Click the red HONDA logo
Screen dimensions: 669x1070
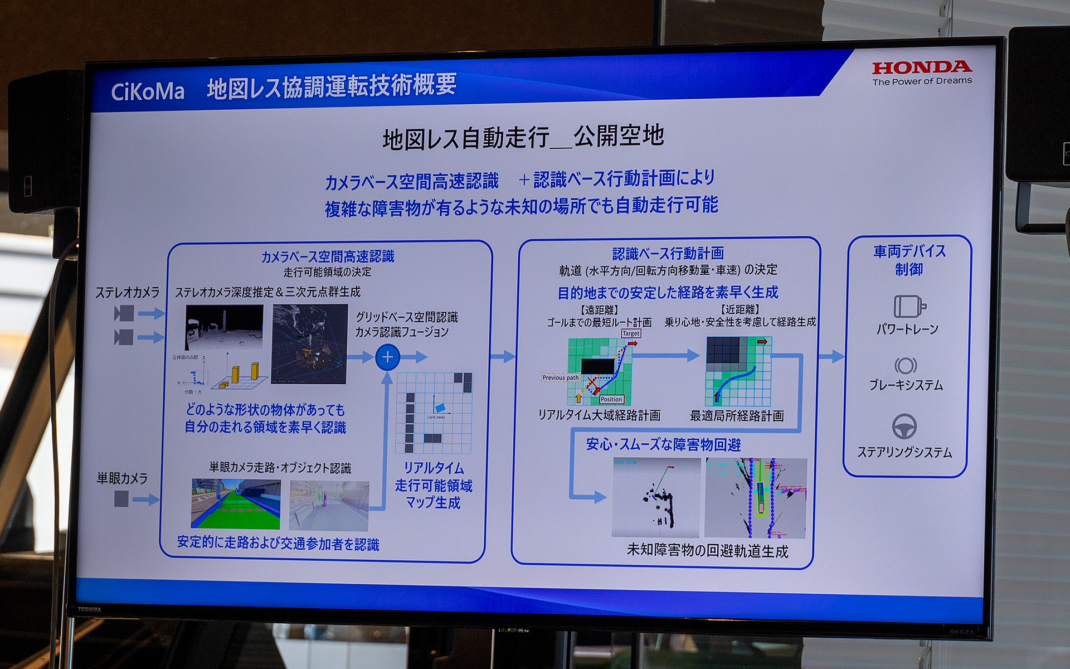pos(922,67)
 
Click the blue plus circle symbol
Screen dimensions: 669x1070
pos(388,357)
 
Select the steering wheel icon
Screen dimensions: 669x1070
pos(904,426)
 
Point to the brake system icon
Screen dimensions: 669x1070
pos(906,366)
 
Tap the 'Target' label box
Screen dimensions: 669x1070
pos(631,333)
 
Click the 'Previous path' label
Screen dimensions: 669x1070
pos(561,377)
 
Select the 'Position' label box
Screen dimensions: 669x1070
pos(611,399)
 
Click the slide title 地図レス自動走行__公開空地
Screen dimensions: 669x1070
pos(523,137)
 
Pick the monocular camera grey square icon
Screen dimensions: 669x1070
pos(121,498)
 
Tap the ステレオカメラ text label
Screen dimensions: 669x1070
pos(128,293)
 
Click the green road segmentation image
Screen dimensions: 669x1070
pos(236,504)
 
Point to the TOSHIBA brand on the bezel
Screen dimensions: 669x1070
pos(89,609)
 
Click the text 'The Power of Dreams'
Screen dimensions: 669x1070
pos(922,81)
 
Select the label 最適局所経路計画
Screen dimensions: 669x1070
pos(737,416)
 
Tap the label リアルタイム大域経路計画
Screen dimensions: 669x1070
pos(599,415)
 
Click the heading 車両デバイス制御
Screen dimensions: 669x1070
pos(909,260)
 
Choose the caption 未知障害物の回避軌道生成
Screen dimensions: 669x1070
pos(707,551)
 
